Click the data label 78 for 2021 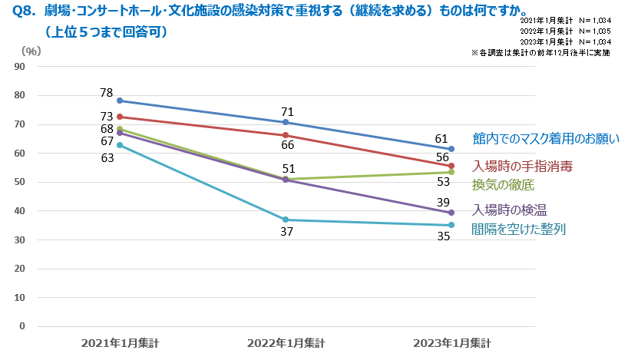pyautogui.click(x=107, y=92)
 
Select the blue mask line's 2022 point pyautogui.click(x=286, y=122)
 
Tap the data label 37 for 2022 pyautogui.click(x=286, y=233)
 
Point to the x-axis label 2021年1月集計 pyautogui.click(x=120, y=342)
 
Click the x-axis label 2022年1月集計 pyautogui.click(x=286, y=342)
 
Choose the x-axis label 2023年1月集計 pyautogui.click(x=451, y=342)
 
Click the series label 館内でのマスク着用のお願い pyautogui.click(x=546, y=139)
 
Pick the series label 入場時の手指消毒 pyautogui.click(x=522, y=167)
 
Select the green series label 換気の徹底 pyautogui.click(x=503, y=185)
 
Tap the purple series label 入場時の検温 pyautogui.click(x=509, y=210)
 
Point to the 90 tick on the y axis pyautogui.click(x=21, y=67)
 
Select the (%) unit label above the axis pyautogui.click(x=31, y=51)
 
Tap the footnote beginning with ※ pyautogui.click(x=540, y=53)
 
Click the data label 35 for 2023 pyautogui.click(x=444, y=237)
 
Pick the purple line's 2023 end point pyautogui.click(x=451, y=213)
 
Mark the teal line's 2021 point pyautogui.click(x=120, y=144)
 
